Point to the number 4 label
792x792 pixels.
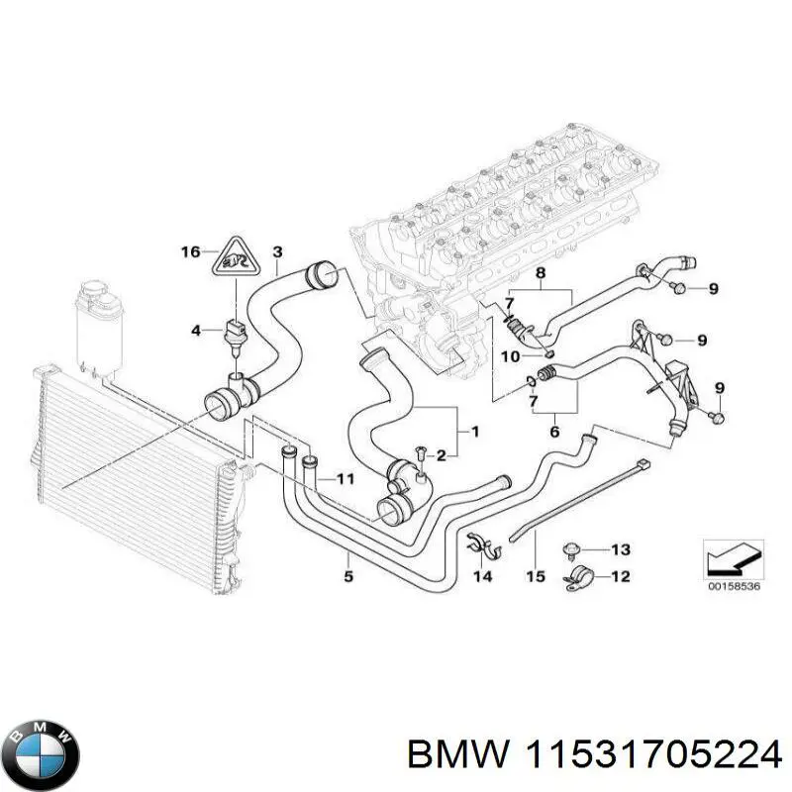[x=196, y=330]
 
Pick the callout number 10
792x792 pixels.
[x=507, y=356]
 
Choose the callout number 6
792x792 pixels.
[x=554, y=432]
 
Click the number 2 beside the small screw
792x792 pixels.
[x=442, y=454]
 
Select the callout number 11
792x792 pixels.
[x=345, y=479]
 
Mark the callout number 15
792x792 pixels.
[x=535, y=575]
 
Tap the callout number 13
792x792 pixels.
[x=620, y=549]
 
